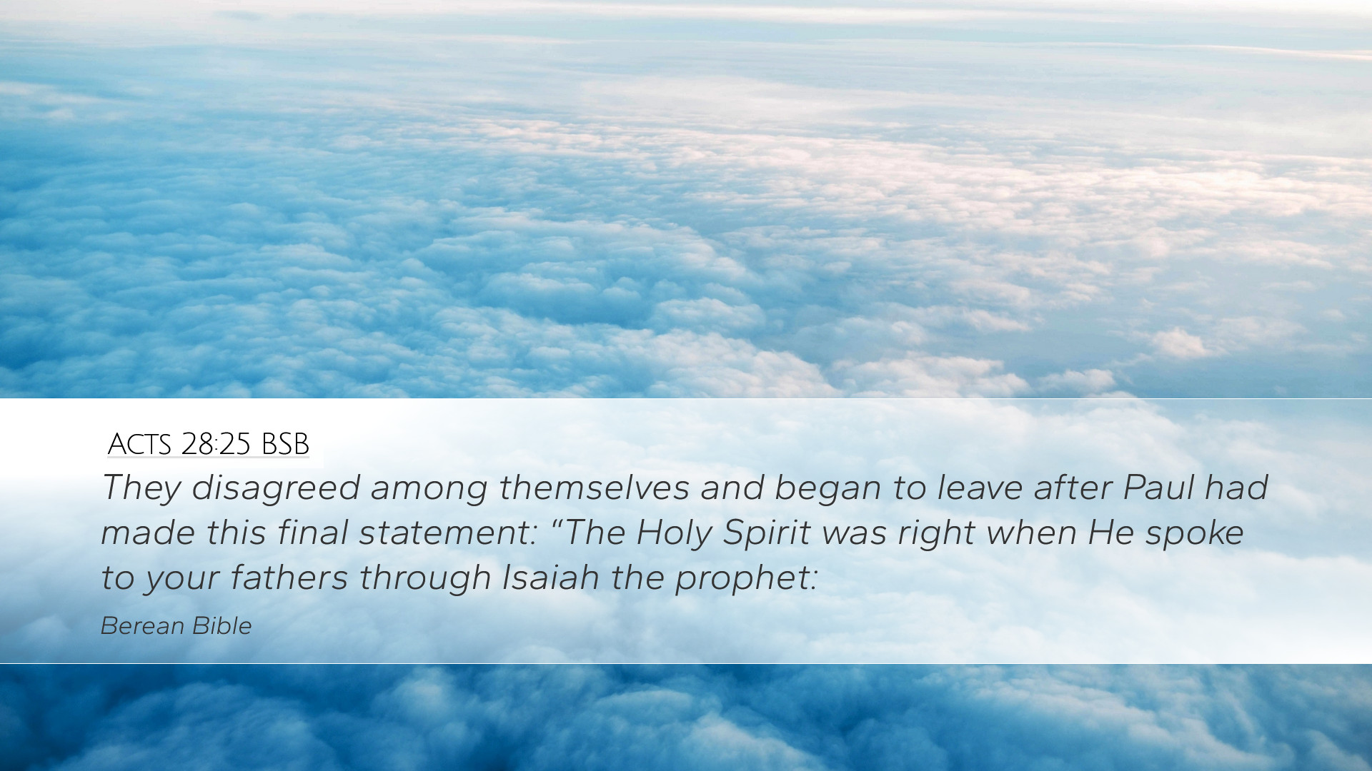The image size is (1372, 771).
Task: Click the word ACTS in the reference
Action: click(x=139, y=444)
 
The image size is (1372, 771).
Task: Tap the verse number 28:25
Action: click(x=216, y=444)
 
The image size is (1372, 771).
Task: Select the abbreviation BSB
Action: click(x=285, y=444)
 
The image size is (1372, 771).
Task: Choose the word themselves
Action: click(x=594, y=488)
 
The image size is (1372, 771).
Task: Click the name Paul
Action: click(x=1158, y=488)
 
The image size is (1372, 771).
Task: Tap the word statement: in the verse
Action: click(x=448, y=533)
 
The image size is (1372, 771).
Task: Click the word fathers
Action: click(x=289, y=577)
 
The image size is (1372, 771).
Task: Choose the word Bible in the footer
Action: click(x=222, y=626)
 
